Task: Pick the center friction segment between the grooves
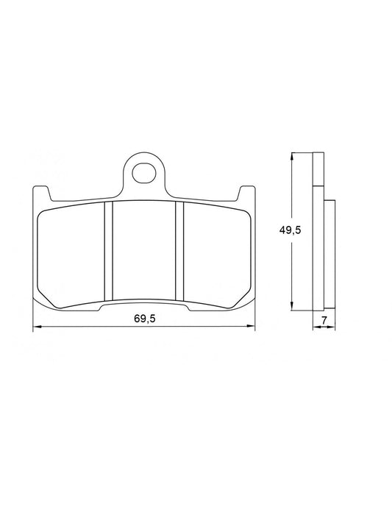pyautogui.click(x=143, y=251)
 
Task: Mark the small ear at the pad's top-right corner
pyautogui.click(x=243, y=192)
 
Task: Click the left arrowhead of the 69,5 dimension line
pyautogui.click(x=38, y=327)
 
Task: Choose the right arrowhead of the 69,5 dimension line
pyautogui.click(x=251, y=327)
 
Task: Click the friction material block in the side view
pyautogui.click(x=329, y=254)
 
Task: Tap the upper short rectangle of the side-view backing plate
pyautogui.click(x=317, y=169)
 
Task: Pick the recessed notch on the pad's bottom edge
pyautogui.click(x=143, y=305)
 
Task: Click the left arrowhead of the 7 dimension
pyautogui.click(x=315, y=327)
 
